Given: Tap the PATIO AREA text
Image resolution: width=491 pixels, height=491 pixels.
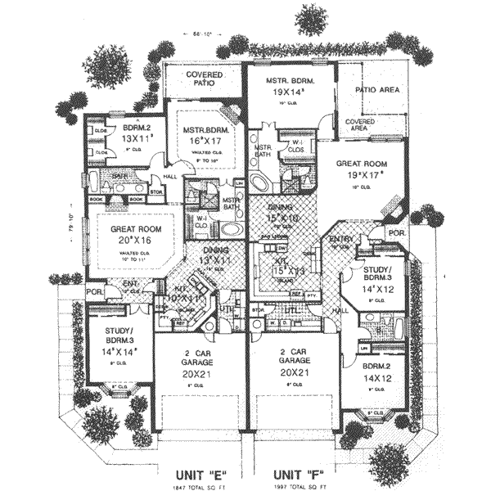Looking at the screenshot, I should [x=376, y=89].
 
